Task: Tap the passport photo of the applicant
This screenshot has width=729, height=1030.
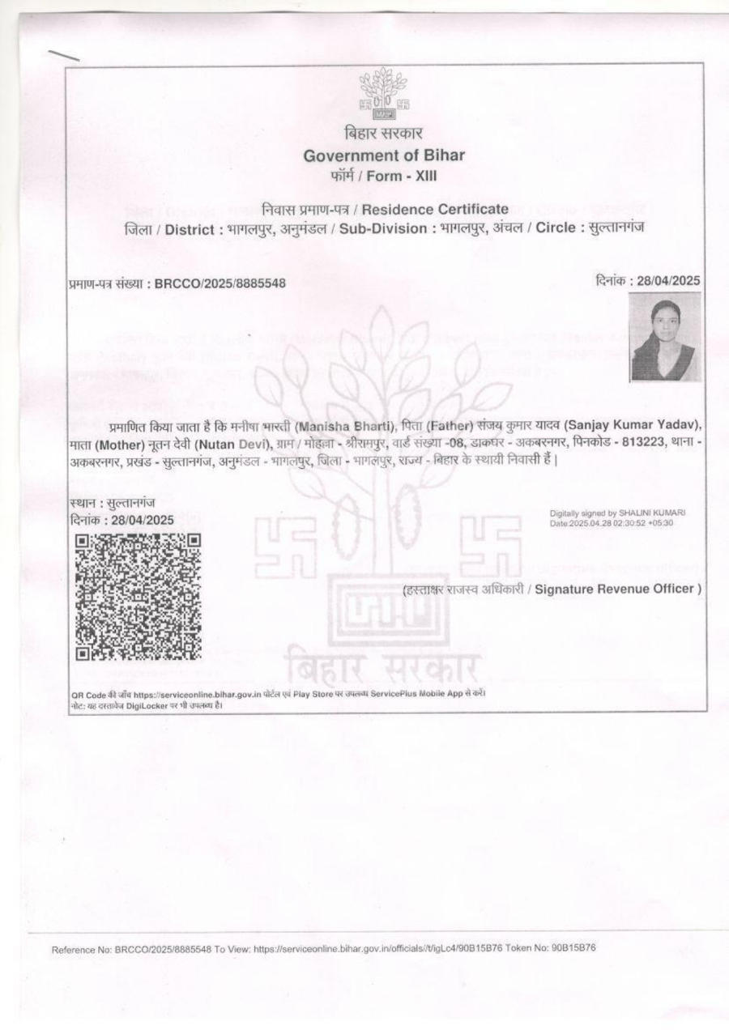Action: coord(665,336)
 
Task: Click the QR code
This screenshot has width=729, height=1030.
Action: coord(138,597)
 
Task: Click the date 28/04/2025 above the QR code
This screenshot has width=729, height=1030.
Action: coord(143,521)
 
